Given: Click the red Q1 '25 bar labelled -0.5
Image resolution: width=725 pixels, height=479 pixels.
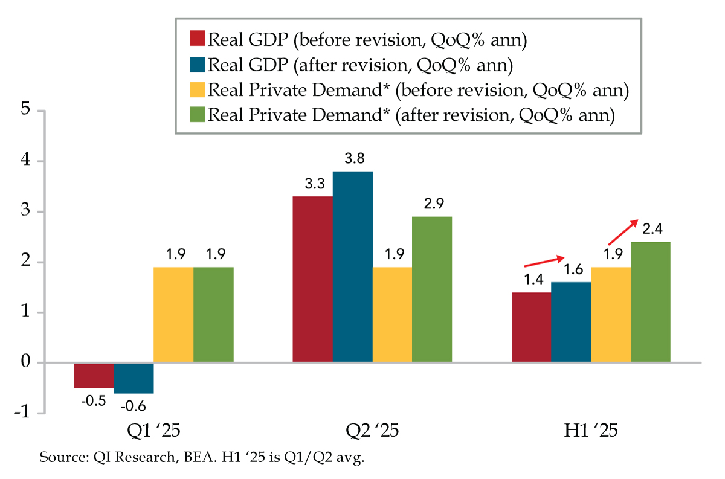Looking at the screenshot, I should coord(94,375).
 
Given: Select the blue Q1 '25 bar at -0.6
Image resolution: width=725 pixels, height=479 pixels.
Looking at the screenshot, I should coord(134,378).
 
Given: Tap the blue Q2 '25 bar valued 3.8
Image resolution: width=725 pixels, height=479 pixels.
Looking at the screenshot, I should coord(352,267).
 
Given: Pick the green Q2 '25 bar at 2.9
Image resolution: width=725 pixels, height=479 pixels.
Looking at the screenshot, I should coord(432,289).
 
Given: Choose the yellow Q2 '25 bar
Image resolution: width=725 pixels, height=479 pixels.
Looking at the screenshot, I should coord(392,315).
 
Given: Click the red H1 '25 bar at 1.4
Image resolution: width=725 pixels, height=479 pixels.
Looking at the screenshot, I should coord(531,327).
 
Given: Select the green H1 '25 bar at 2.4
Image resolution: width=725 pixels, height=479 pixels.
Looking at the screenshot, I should coord(651,302).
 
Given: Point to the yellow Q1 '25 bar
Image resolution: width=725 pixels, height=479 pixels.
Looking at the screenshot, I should coord(173,315).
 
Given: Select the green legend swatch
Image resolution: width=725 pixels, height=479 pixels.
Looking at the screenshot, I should coord(198,115).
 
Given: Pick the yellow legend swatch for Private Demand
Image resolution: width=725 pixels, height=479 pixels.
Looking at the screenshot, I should coord(198,89).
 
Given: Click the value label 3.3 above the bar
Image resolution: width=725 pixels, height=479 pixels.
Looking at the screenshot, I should coord(312,185).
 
